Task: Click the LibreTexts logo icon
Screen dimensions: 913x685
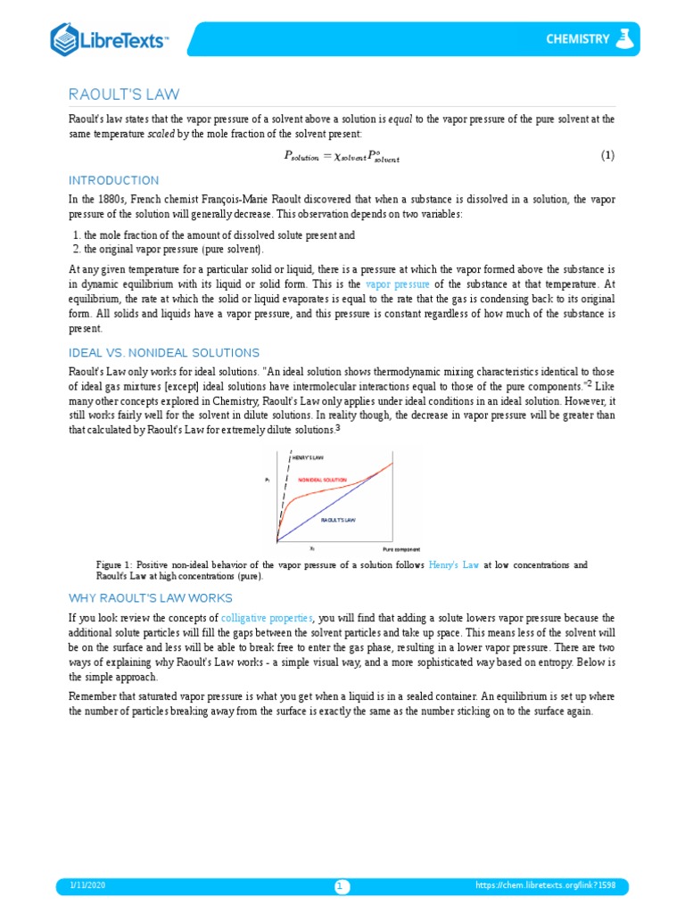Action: click(66, 39)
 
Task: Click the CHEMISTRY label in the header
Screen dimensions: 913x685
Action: click(578, 39)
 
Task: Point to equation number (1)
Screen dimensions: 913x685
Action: click(607, 155)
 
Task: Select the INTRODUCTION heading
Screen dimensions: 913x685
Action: click(114, 180)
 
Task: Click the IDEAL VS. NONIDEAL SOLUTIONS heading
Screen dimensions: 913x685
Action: click(164, 353)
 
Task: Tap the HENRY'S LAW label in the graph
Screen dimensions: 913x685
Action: click(308, 457)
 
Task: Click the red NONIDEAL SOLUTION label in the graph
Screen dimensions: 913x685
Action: click(322, 480)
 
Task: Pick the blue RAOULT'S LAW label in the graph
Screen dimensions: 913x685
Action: click(339, 518)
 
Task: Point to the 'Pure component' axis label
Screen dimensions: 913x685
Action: click(401, 549)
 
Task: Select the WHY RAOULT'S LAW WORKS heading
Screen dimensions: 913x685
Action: click(151, 597)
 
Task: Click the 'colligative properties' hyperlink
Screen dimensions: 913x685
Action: click(267, 617)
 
